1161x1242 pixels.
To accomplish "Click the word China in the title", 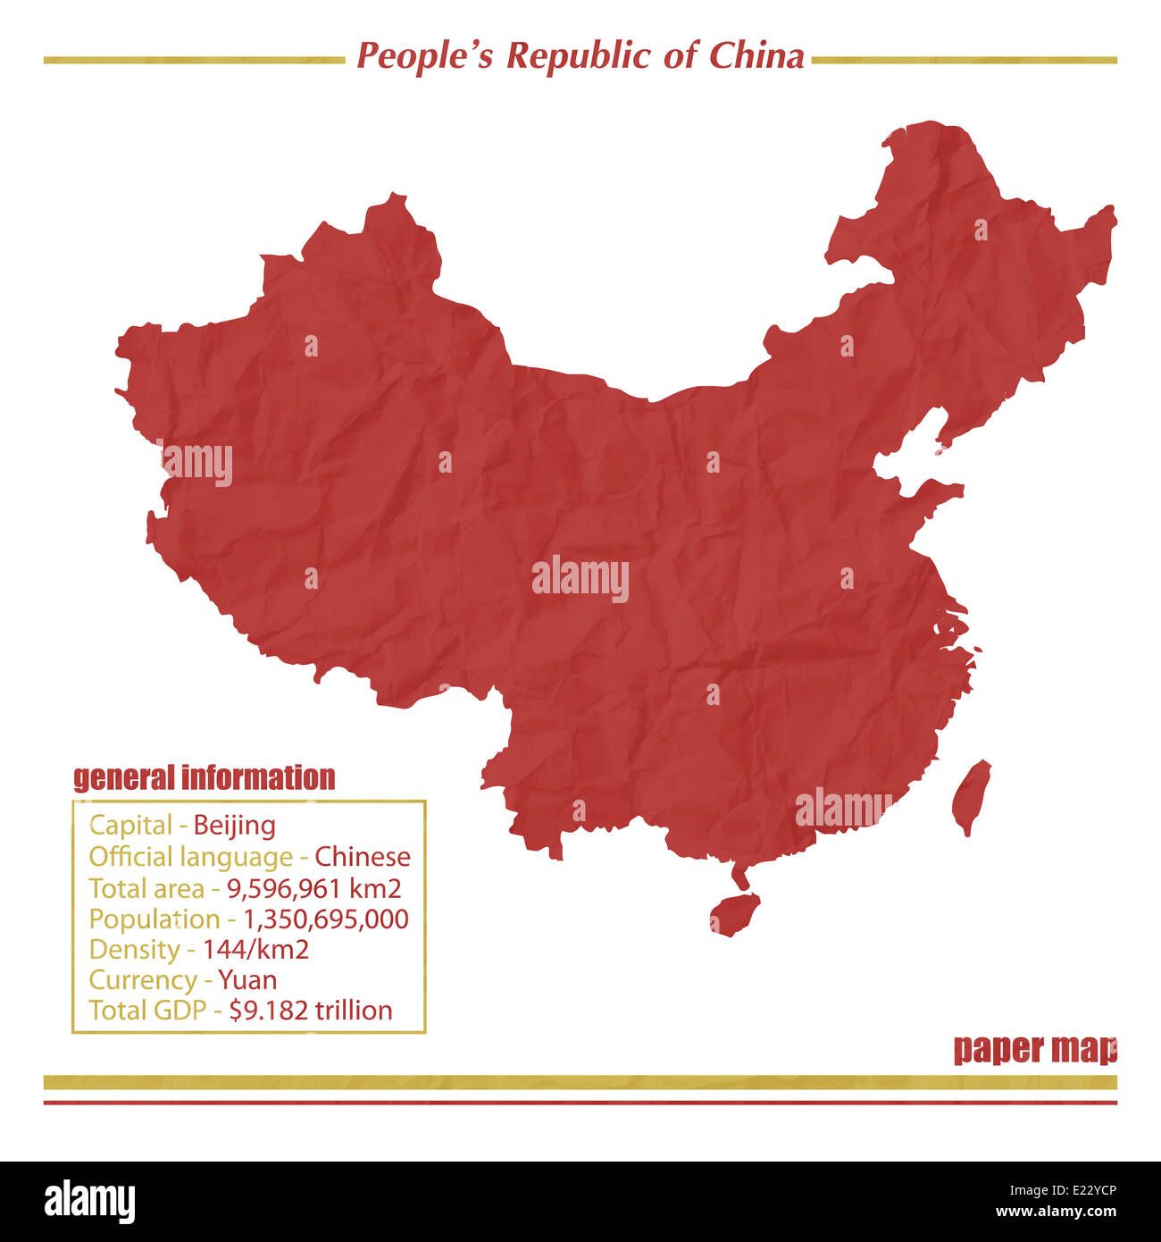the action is [x=756, y=56].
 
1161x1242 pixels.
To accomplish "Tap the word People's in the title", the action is [x=424, y=56].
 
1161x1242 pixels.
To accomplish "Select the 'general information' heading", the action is [x=205, y=777].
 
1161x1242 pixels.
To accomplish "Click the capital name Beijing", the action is [x=234, y=825].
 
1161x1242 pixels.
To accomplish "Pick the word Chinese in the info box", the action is [x=363, y=857].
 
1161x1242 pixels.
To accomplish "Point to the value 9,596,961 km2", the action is [x=313, y=888].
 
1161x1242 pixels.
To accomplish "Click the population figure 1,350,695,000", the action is [x=326, y=919].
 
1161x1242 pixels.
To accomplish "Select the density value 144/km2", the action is [x=255, y=949].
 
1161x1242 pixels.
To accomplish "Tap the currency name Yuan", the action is [x=247, y=979].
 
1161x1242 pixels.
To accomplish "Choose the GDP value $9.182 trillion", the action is [x=311, y=1010].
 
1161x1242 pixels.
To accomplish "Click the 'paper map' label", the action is [x=1035, y=1048].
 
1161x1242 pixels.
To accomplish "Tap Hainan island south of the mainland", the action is [x=734, y=913].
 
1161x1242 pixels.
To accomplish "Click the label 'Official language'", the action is [x=190, y=857].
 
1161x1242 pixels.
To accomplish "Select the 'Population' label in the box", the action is [x=154, y=919].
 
